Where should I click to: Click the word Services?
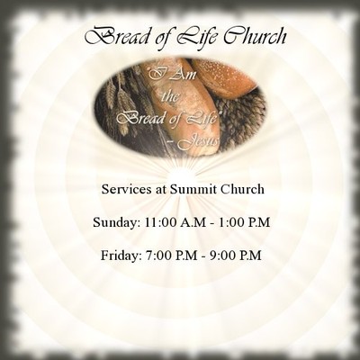(128, 190)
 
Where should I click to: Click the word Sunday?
(113, 222)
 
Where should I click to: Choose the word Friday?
(120, 255)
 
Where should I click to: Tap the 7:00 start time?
(160, 255)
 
